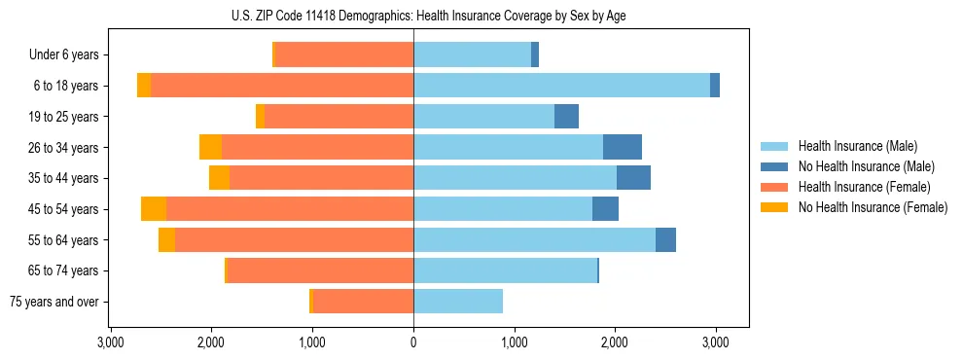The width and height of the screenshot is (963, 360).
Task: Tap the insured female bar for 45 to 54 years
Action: point(290,209)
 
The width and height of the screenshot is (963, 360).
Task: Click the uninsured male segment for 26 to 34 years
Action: point(623,148)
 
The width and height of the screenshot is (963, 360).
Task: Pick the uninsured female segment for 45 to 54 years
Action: point(154,209)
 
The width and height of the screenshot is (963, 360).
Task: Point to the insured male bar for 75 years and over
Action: point(458,302)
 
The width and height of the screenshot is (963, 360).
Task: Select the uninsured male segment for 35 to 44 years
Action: point(633,178)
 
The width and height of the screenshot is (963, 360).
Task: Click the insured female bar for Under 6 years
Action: point(344,55)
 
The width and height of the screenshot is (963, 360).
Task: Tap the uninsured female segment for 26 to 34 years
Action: point(210,148)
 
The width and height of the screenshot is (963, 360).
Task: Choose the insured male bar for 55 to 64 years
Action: point(534,240)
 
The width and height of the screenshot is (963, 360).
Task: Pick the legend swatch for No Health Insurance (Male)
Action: point(774,166)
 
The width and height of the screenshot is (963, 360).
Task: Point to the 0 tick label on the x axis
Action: point(413,342)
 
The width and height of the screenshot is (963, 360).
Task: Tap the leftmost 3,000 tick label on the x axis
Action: point(111,342)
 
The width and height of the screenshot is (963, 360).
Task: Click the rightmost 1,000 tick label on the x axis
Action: point(515,342)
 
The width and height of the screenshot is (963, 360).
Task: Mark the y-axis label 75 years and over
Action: point(53,302)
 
